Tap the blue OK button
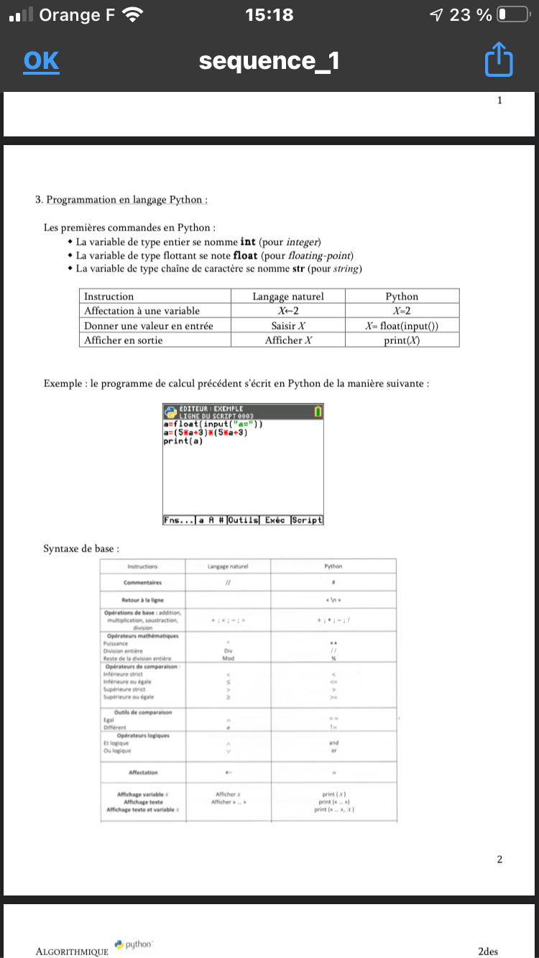click(41, 61)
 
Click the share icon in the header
click(499, 61)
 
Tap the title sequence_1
click(269, 62)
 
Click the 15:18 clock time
click(269, 14)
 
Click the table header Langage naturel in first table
click(287, 296)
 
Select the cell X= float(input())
click(402, 325)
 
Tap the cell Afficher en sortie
click(124, 340)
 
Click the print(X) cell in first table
click(402, 340)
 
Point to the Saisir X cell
click(287, 325)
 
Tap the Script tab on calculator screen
click(306, 520)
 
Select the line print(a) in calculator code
click(184, 441)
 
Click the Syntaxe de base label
click(79, 549)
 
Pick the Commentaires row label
click(143, 582)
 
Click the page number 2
click(499, 859)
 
